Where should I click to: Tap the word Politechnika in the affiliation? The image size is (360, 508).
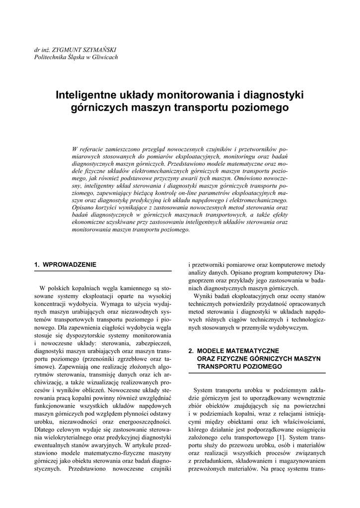49,58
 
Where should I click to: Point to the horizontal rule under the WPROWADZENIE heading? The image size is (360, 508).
103,271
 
